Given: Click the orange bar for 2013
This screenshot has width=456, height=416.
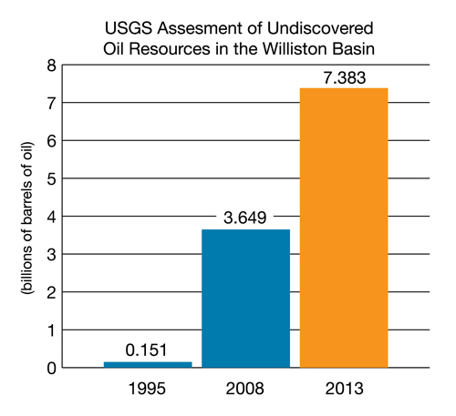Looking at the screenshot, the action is pos(344,228).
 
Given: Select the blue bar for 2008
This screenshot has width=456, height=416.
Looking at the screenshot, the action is pos(246,299).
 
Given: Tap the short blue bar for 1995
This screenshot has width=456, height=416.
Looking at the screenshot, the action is pos(148,365).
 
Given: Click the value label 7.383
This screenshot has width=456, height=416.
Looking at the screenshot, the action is pos(344,77).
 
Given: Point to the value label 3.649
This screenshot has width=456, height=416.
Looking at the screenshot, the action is pos(245,218).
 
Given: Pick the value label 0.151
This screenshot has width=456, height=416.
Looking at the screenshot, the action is pos(146,350).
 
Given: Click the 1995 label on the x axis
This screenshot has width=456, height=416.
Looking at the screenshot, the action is pos(147,389).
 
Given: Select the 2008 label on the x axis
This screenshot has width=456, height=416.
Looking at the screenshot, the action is pos(244,389).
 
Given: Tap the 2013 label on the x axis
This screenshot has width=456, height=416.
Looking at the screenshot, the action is pos(344,389).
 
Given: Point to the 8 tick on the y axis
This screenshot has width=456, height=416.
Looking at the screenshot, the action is pos(52,66).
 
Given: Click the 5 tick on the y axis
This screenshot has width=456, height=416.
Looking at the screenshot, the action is pos(52,179).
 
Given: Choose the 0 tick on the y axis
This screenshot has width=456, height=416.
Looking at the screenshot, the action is pos(52,369).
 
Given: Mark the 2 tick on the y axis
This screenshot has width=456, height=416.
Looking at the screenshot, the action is pos(52,293).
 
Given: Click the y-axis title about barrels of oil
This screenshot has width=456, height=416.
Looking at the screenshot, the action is pos(26,218).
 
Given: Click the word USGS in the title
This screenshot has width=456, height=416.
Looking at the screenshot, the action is pos(129,28).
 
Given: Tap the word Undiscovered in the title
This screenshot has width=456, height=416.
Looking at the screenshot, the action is pos(320,28).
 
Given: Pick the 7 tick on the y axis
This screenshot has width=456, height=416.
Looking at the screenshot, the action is pos(52,104).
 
